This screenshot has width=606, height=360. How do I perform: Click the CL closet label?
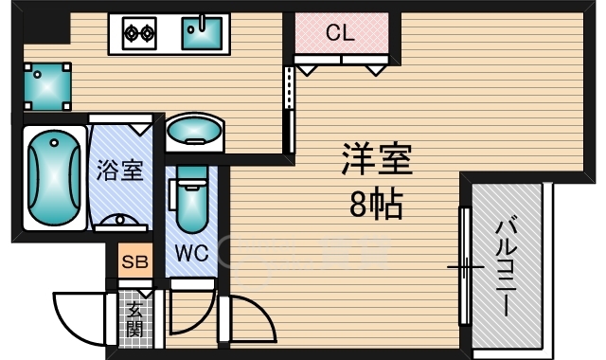(x=339, y=33)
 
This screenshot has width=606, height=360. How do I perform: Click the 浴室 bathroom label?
(x=118, y=171)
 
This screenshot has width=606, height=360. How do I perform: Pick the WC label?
(x=191, y=254)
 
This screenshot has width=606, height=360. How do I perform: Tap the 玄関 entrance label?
(x=135, y=317)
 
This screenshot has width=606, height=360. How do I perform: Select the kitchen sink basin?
(x=203, y=34)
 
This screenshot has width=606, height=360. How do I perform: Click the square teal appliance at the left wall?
(x=46, y=86)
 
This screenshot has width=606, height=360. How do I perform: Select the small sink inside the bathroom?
(x=119, y=222)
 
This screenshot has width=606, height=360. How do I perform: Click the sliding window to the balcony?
(x=463, y=267)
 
